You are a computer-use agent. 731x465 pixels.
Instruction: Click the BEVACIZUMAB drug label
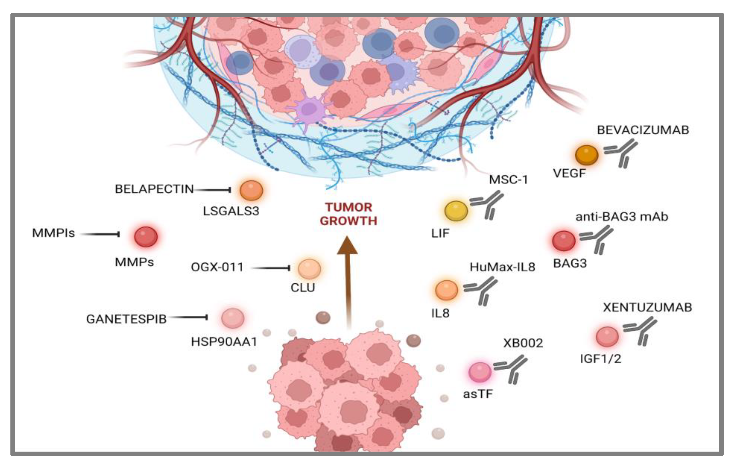coord(643,130)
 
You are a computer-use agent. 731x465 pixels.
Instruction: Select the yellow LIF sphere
coord(456,211)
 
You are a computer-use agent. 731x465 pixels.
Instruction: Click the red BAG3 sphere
coord(564,241)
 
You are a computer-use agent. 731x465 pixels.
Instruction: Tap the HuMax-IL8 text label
coord(502,267)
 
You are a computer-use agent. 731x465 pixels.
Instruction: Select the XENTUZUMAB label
coord(647,308)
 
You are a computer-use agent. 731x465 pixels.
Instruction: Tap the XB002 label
coord(523,343)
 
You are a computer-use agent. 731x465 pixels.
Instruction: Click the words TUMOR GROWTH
coord(348,214)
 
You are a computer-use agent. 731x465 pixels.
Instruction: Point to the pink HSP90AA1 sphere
coord(233,318)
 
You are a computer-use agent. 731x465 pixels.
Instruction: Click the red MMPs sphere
coord(146,237)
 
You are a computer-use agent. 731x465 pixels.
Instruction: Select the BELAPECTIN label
coord(154,189)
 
